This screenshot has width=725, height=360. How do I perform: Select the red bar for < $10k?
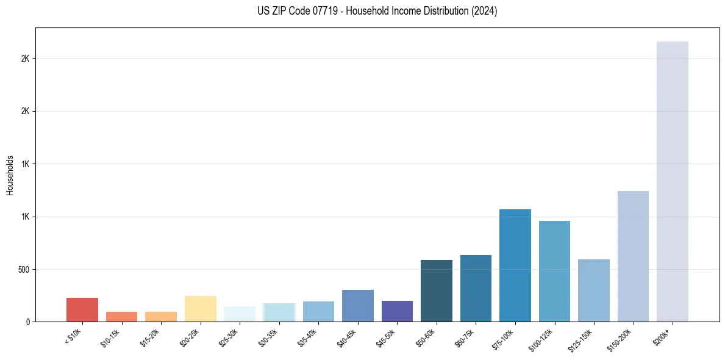tap(82, 310)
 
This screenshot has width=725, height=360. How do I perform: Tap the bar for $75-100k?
tap(515, 265)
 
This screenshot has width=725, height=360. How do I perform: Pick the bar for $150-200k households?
tap(633, 256)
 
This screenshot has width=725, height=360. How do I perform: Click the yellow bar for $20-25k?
tap(200, 309)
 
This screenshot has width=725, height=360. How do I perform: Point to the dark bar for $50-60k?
tap(437, 291)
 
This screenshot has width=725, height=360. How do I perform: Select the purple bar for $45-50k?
tap(397, 311)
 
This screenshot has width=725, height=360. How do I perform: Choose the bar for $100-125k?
tap(554, 272)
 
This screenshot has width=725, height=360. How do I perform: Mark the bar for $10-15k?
tap(121, 317)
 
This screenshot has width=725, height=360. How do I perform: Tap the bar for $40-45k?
tap(358, 306)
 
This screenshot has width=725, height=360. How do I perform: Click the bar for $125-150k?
tap(594, 290)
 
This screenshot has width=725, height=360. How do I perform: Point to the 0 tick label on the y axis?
tap(27, 322)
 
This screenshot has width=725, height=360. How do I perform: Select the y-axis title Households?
tap(10, 175)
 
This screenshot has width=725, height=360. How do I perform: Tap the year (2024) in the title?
tap(485, 11)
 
